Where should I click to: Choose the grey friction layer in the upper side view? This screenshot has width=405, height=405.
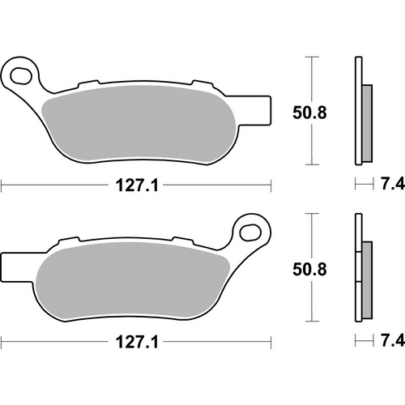click(367, 122)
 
